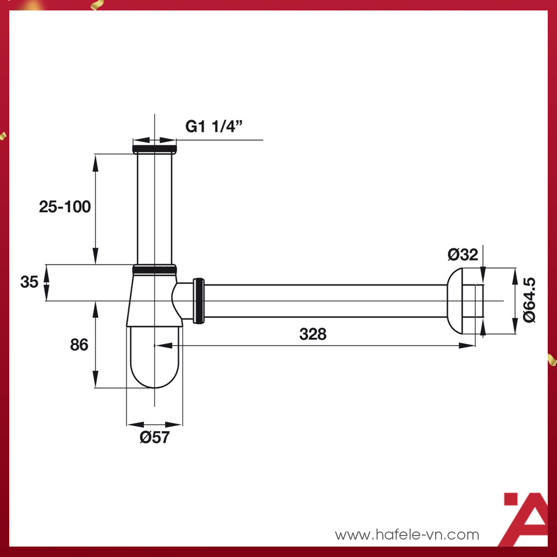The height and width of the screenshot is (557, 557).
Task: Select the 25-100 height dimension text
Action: tap(65, 206)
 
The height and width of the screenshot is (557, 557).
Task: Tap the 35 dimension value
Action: tap(29, 282)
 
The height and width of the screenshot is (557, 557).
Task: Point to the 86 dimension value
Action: tap(79, 344)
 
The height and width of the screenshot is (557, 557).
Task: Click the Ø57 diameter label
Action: tap(154, 437)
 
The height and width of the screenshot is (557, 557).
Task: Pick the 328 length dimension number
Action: tap(313, 334)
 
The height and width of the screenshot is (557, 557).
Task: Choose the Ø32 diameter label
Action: tap(462, 254)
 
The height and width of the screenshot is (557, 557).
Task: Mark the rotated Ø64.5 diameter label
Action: tap(529, 300)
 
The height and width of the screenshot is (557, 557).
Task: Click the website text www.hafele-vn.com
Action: tap(407, 534)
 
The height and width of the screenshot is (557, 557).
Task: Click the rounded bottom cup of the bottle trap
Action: tap(154, 360)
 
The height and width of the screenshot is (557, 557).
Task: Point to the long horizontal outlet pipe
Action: tap(325, 301)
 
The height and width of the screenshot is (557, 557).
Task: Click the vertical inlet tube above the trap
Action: tap(154, 209)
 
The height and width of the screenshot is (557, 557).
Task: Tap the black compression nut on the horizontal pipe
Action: tap(198, 301)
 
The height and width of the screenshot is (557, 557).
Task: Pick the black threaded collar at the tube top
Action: tap(154, 149)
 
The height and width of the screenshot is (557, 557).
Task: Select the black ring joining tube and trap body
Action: tap(154, 269)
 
